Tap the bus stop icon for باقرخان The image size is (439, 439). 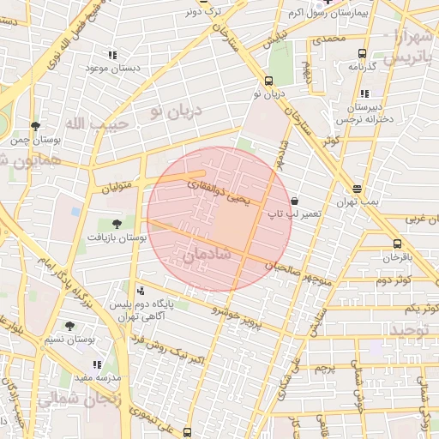coord(397,243)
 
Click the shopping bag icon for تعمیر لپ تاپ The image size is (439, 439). coord(295,199)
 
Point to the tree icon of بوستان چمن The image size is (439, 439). coord(35,126)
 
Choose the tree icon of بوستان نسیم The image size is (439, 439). coord(70,325)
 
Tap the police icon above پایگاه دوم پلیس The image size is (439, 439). coord(141,292)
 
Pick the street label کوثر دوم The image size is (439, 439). coord(394,280)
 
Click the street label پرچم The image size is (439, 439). coord(323,369)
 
